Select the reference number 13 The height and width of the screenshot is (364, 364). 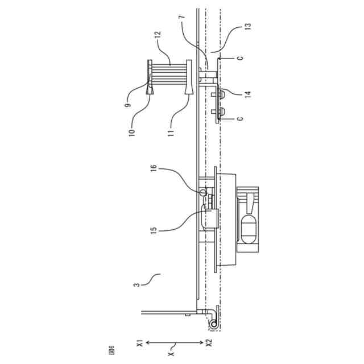coord(248,26)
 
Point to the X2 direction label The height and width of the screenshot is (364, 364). coord(209,343)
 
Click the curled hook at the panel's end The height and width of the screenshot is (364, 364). coord(213,322)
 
